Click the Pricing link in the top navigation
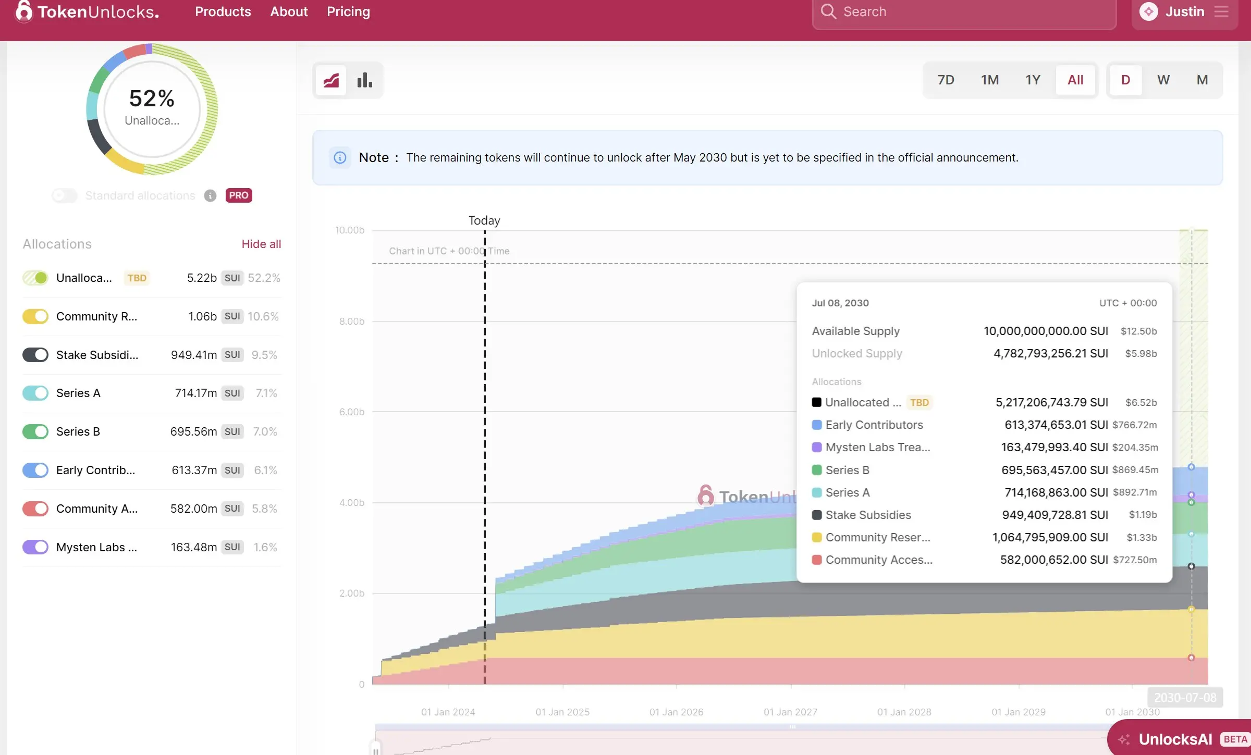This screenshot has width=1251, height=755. coord(348,11)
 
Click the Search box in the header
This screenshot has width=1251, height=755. coord(964,13)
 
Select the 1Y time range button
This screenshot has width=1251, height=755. coord(1033,80)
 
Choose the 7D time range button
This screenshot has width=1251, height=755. coord(946,80)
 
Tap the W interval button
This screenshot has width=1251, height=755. coord(1163,80)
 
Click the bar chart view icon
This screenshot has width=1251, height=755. coord(365,80)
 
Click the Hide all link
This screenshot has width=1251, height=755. coord(261,244)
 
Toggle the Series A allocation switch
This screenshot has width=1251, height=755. coord(35,393)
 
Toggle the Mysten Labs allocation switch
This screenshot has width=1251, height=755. coord(35,547)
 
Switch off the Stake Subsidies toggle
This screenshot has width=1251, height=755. coord(35,355)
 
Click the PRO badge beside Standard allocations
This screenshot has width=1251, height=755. coord(239,195)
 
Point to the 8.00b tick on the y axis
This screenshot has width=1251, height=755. coord(352,321)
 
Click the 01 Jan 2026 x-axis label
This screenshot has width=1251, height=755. coord(676,712)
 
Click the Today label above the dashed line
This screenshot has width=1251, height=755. coord(484,220)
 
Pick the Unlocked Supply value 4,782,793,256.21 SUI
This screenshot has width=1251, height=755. coord(1050,353)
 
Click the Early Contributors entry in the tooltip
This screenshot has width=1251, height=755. coord(874,425)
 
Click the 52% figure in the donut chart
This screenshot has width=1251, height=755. coord(152,98)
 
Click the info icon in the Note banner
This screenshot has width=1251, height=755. coord(340,157)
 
